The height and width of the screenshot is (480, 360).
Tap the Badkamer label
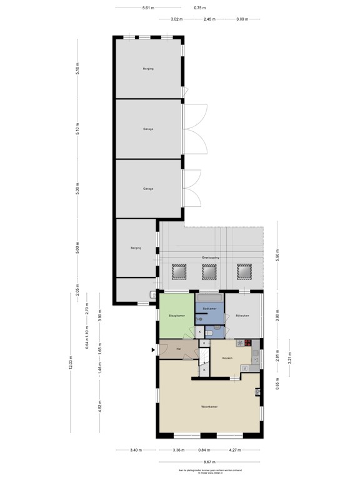[209, 309]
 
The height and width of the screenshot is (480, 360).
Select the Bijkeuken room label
[242, 316]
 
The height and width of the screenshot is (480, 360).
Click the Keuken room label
[227, 357]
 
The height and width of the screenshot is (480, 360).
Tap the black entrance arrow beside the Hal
[152, 350]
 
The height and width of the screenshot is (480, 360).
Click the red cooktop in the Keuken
[247, 342]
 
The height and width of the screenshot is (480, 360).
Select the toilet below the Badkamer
[209, 334]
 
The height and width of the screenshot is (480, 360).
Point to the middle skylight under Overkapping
[209, 271]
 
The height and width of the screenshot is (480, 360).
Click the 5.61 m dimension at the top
[148, 8]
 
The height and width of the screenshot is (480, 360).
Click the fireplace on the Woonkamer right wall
[257, 392]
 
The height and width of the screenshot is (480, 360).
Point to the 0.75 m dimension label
[199, 8]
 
